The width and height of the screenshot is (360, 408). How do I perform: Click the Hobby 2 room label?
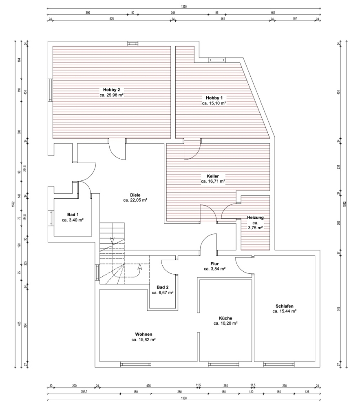(111, 90)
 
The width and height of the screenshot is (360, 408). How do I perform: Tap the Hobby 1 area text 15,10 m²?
(214, 103)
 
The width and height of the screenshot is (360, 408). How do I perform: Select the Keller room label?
(213, 176)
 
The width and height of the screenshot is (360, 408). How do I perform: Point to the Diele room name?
(135, 195)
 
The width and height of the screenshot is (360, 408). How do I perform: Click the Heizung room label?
(255, 217)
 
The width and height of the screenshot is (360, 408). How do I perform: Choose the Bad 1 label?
(73, 215)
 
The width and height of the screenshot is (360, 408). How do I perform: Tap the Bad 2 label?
(162, 287)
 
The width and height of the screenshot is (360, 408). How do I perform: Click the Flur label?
(214, 264)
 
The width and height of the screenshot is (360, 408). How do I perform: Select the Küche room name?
(225, 318)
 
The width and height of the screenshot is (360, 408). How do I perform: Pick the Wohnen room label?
(144, 335)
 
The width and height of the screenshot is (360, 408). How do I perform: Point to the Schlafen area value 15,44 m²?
(285, 311)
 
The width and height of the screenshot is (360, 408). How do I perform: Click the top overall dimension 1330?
(184, 7)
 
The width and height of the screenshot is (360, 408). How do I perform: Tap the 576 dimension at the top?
(112, 19)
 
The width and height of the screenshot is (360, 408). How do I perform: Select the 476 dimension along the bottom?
(148, 386)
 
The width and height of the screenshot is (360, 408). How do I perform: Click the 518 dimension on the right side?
(338, 308)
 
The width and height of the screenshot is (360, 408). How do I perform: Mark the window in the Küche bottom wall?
(223, 364)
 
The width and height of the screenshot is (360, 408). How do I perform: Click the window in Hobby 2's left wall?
(50, 90)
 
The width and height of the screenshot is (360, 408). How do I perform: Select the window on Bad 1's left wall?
(51, 218)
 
